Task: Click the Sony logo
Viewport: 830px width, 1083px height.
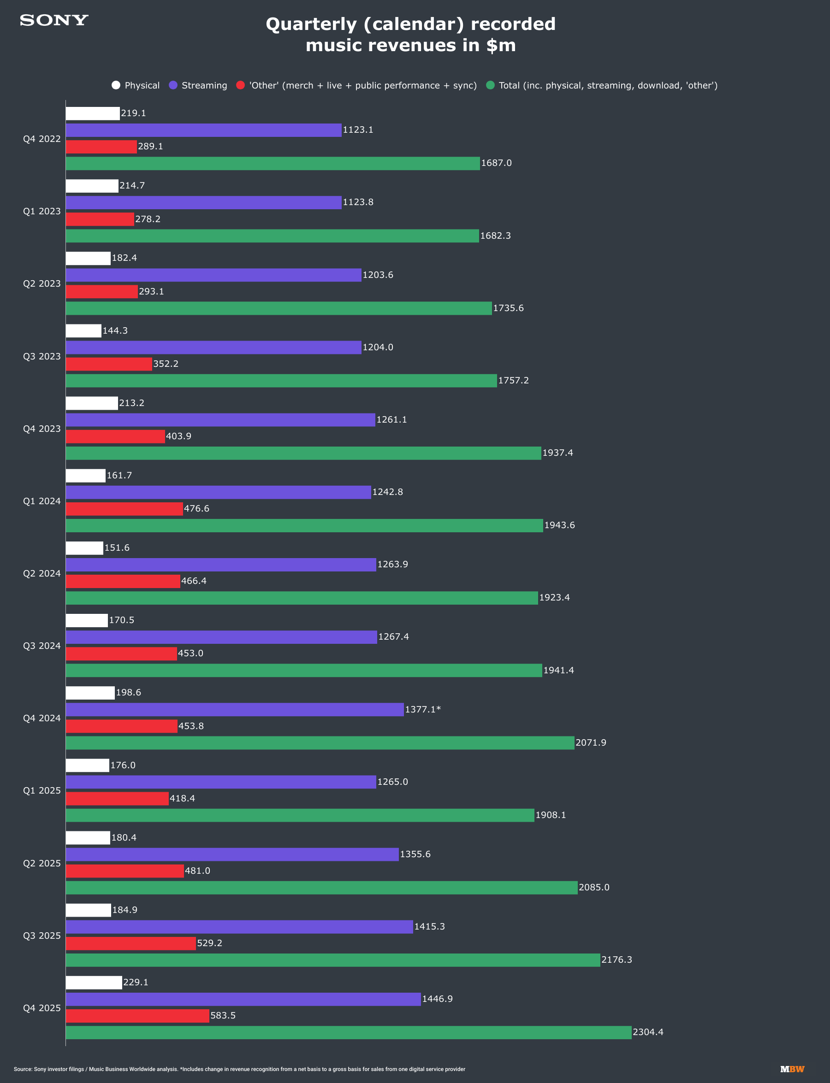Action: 54,20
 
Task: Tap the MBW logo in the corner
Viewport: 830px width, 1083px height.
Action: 792,1069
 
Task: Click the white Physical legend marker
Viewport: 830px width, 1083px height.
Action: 116,85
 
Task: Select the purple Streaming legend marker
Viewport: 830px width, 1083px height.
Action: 173,85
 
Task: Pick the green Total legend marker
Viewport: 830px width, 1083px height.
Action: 490,85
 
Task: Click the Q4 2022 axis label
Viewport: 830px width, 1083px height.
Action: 41,139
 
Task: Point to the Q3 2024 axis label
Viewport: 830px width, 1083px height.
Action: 41,646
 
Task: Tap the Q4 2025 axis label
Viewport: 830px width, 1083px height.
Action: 41,1008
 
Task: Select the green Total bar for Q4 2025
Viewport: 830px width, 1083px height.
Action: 348,1032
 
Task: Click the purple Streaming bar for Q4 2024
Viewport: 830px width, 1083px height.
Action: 235,710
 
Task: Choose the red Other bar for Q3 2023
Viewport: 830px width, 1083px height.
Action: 109,364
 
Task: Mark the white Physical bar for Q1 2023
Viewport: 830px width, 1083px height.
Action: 92,186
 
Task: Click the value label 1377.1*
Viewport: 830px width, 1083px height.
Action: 423,710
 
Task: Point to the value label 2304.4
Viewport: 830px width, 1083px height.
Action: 648,1032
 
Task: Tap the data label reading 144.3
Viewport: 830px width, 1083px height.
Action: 115,330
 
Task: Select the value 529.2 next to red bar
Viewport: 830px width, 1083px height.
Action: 209,943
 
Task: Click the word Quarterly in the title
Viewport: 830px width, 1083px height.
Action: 311,24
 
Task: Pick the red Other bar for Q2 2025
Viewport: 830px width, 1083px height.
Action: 125,871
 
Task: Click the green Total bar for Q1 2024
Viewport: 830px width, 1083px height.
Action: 304,525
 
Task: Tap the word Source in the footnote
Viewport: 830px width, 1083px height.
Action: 22,1069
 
